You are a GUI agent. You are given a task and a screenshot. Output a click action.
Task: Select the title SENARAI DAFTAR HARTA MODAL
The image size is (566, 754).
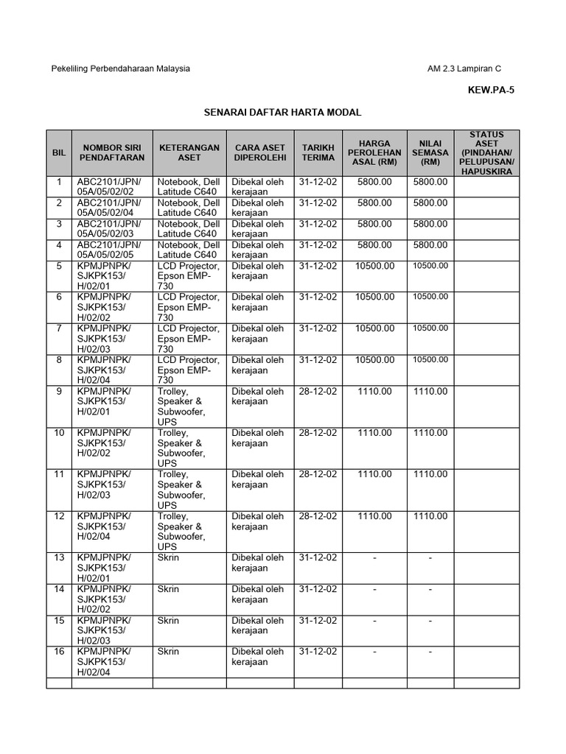[283, 113]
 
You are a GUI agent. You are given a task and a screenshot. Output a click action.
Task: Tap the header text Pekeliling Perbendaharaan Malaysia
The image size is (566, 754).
[120, 68]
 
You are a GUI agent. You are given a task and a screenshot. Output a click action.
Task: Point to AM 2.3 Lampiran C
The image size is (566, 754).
[464, 68]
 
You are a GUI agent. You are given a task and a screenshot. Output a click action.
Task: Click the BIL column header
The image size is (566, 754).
[59, 152]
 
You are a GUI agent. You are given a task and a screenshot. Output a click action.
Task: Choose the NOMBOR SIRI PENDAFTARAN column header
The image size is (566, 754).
[111, 152]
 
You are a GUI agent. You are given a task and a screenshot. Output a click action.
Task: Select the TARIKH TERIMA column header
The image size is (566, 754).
[318, 152]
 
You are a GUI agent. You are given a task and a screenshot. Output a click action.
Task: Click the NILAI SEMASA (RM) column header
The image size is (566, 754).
[430, 152]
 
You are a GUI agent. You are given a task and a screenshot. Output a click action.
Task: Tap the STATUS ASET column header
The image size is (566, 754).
[486, 153]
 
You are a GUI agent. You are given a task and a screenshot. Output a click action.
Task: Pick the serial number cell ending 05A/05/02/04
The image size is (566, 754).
[111, 208]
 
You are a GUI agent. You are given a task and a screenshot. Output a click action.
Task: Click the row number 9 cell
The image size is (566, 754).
[59, 391]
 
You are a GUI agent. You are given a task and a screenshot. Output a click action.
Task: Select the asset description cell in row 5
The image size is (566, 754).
[189, 276]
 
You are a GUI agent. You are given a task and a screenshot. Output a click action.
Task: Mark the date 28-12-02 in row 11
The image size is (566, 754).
[318, 475]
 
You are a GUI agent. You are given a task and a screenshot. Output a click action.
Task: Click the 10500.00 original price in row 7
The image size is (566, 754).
[374, 328]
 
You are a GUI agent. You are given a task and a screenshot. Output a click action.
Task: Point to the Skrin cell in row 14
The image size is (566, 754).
[168, 589]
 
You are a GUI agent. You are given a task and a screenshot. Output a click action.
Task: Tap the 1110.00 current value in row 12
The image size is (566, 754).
[430, 516]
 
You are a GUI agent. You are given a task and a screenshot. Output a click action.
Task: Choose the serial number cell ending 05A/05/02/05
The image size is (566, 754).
[111, 250]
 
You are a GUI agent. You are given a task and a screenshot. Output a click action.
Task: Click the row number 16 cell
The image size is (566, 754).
[59, 652]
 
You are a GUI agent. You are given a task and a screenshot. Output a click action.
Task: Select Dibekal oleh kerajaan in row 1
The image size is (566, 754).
[257, 186]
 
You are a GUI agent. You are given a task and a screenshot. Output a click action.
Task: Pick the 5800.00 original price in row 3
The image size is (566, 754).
[374, 224]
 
